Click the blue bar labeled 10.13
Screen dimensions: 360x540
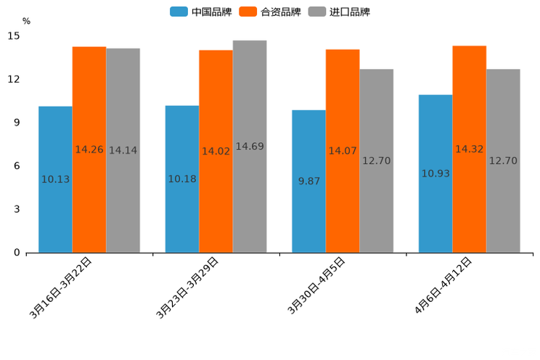55,210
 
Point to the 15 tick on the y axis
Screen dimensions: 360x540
14,36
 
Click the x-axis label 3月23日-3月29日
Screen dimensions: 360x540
187,288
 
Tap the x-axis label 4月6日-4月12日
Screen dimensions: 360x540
443,285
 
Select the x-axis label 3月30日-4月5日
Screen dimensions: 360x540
316,285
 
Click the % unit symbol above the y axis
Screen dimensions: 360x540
26,21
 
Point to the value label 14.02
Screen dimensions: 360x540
216,152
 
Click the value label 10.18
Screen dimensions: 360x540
182,179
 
